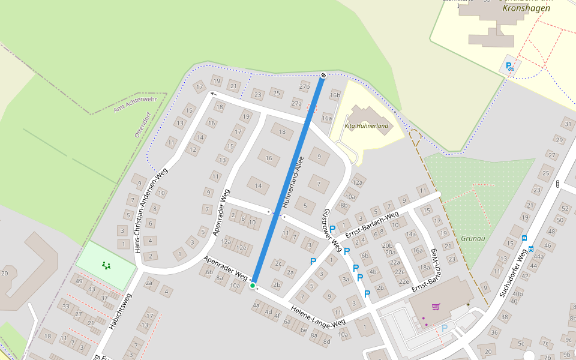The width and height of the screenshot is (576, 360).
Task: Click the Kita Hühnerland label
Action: coord(367,126)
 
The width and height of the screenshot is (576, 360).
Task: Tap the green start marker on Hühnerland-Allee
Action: coord(253,286)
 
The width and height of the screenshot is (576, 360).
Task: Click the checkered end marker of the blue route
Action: coord(323,75)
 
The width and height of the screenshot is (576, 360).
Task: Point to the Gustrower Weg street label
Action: coord(333,230)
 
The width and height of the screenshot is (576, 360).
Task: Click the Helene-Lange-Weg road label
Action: coord(318,316)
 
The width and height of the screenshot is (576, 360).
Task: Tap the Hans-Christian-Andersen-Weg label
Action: coord(151,209)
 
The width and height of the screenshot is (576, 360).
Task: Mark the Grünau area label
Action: coord(473,238)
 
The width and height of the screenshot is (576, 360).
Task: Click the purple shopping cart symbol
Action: coord(436,307)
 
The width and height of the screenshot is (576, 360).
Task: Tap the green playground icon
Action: coord(106,265)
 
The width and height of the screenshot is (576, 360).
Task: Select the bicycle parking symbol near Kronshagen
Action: coord(510,67)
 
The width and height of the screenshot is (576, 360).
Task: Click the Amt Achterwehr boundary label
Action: coord(135,104)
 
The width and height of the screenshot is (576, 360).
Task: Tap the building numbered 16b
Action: coord(335,95)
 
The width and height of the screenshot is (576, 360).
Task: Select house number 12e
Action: coord(241,247)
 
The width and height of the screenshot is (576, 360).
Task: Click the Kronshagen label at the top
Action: coord(526,8)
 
